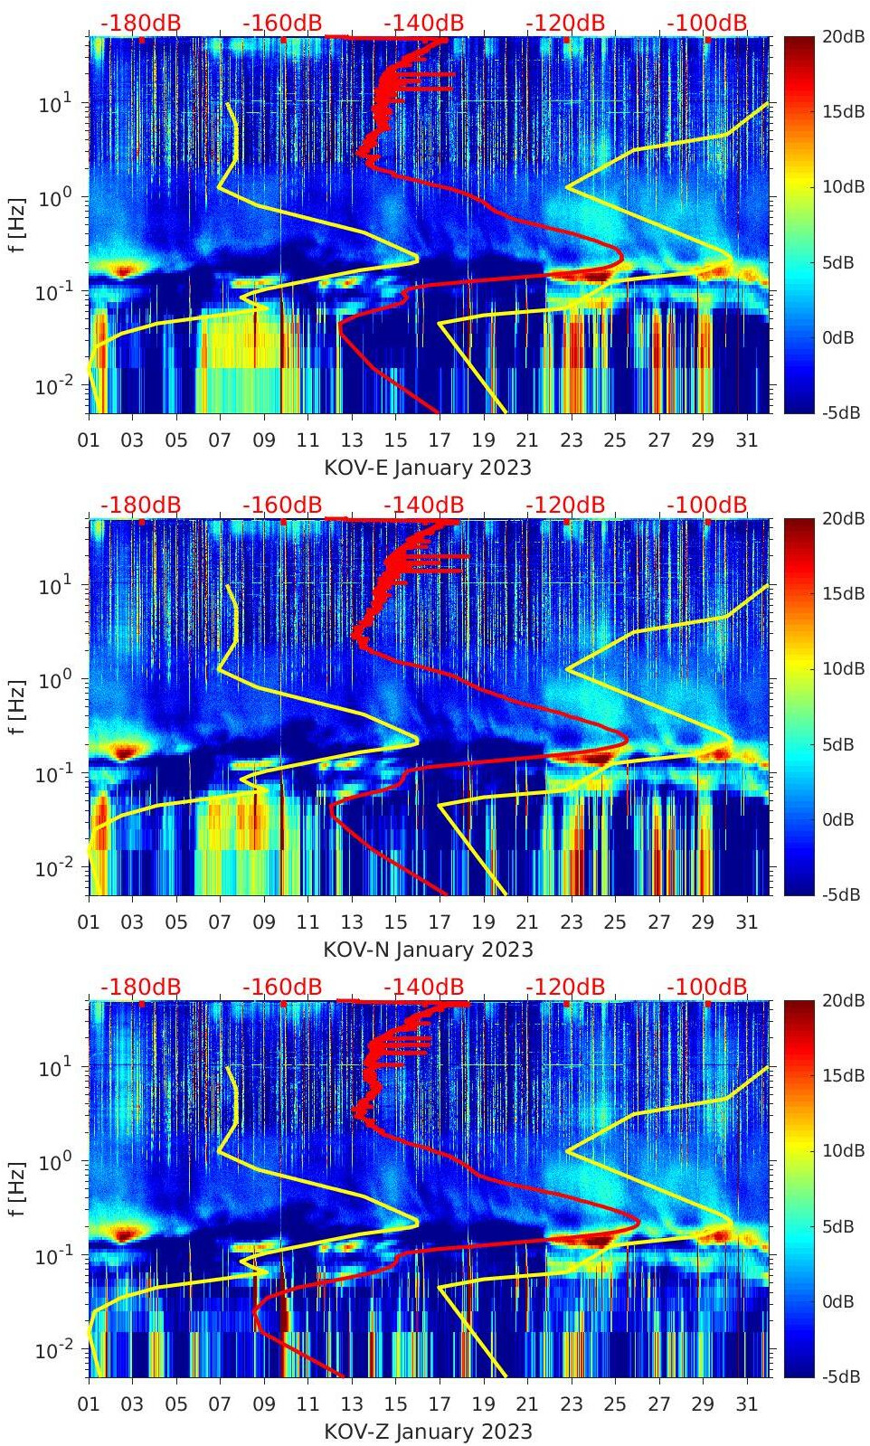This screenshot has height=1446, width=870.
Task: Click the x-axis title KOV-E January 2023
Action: (428, 468)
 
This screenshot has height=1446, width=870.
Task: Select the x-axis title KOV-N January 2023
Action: (428, 950)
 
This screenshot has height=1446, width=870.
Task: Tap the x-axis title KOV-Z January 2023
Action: (428, 1432)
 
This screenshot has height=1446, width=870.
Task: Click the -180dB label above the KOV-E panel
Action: (140, 23)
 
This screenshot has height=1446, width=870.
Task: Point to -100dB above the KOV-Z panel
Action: (707, 987)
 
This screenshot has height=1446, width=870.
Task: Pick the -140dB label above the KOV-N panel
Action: (423, 505)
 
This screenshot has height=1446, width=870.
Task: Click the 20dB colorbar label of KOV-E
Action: (842, 36)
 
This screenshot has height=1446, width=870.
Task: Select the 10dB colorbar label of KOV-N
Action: (842, 669)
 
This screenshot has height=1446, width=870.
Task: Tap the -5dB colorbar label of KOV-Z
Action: (840, 1377)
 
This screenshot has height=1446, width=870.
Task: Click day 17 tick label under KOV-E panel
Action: (440, 440)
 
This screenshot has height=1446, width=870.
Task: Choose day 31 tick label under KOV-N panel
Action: (746, 922)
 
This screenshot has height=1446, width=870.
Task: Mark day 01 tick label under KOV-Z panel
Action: (89, 1404)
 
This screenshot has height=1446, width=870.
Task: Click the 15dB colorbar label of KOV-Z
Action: (842, 1076)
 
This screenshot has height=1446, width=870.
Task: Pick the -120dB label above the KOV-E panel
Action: (565, 23)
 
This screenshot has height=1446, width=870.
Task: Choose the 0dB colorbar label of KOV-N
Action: (838, 820)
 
